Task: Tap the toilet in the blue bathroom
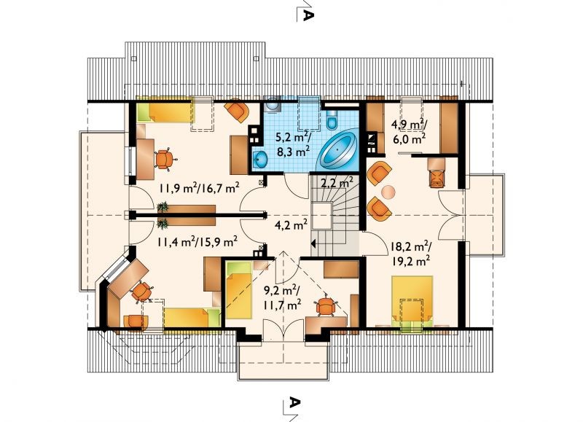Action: (x=331, y=119)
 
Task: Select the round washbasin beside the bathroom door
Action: (x=261, y=160)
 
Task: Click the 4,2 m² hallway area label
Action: (x=291, y=224)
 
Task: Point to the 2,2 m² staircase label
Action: (x=337, y=182)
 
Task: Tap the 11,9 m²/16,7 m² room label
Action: (x=199, y=188)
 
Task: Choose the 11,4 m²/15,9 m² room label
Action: (x=197, y=243)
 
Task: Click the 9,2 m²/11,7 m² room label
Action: (x=282, y=297)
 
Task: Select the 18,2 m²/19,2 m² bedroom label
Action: (x=410, y=254)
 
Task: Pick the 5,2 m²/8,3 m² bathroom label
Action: (x=294, y=144)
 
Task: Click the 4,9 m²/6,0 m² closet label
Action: (x=408, y=132)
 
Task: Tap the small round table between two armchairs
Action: (x=388, y=192)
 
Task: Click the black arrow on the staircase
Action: (x=313, y=244)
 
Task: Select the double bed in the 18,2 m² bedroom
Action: (x=412, y=300)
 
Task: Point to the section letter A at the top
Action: (x=308, y=15)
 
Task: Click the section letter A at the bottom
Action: (x=294, y=402)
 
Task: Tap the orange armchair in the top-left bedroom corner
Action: (x=236, y=110)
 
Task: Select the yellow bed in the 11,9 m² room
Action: (x=165, y=113)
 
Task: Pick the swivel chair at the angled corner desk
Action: (x=141, y=291)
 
